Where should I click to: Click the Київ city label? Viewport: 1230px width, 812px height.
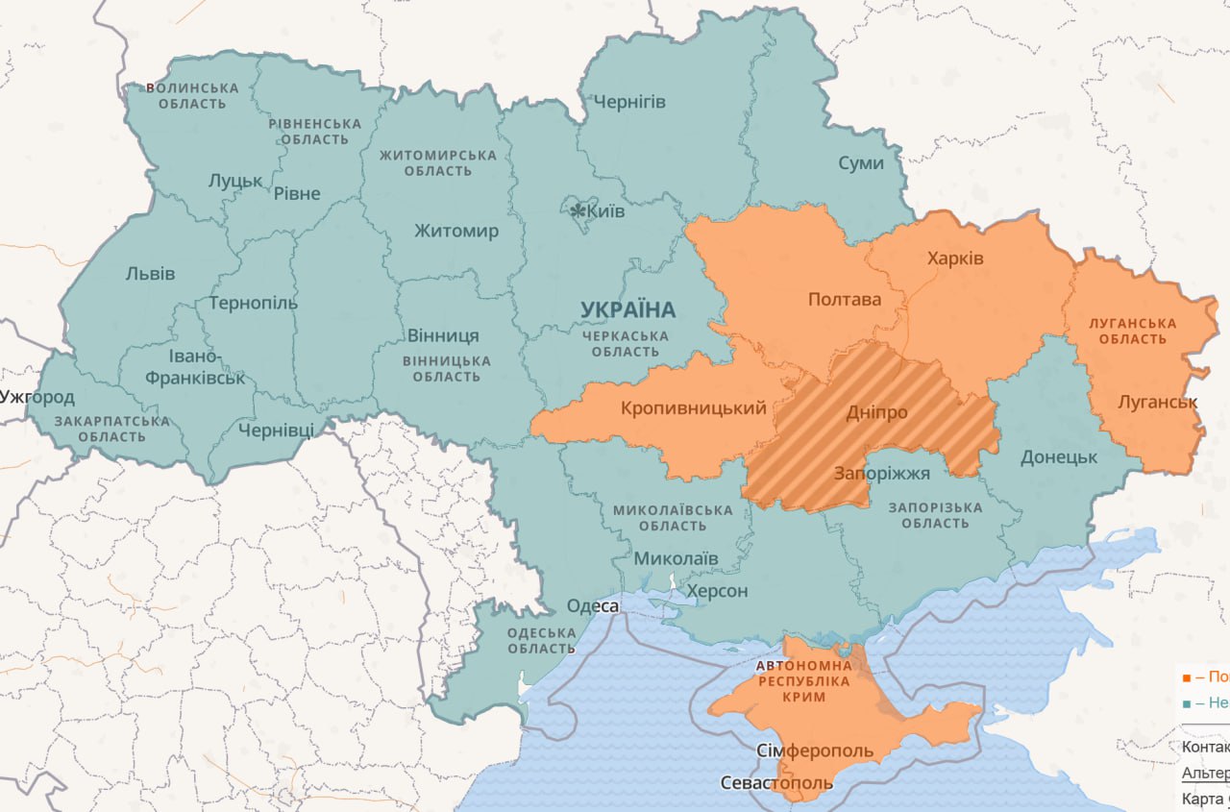point(607,210)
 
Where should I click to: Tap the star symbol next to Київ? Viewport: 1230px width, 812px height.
point(578,210)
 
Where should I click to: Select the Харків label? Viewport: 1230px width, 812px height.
point(955,258)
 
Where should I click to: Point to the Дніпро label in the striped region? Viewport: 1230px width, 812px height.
point(876,412)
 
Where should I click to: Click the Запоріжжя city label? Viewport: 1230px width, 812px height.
point(881,473)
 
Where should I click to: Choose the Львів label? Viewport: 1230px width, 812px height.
point(151,273)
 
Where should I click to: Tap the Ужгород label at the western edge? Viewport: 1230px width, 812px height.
point(37,397)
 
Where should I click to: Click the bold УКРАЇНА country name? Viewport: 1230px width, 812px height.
point(627,309)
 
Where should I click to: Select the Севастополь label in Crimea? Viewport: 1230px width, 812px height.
point(776,783)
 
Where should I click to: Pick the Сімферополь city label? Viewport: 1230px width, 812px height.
point(815,750)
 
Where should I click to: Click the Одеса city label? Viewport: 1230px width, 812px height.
point(593,605)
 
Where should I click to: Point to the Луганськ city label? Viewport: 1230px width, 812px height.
point(1158,402)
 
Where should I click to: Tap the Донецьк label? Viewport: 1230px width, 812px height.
point(1059,456)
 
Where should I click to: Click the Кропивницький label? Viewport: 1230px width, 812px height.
point(694,408)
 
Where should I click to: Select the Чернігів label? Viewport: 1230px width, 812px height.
point(629,101)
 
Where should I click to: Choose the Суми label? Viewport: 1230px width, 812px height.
point(860,162)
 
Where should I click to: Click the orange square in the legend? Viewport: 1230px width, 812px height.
point(1187,677)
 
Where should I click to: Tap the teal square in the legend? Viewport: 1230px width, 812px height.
point(1187,703)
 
